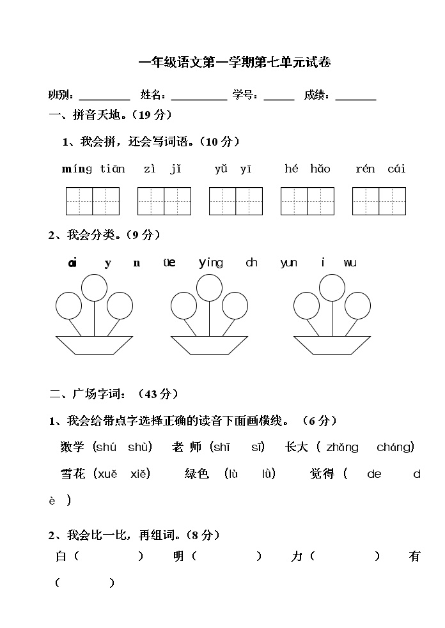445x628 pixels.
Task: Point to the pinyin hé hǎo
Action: [308, 169]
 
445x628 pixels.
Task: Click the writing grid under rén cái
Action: [379, 201]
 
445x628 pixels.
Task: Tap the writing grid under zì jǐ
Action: [164, 201]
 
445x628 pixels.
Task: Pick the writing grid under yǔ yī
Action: [236, 201]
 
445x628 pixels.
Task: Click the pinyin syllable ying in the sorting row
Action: [211, 263]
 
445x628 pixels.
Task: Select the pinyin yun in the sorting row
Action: [289, 263]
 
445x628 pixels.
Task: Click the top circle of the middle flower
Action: [210, 287]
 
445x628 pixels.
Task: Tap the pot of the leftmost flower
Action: [94, 345]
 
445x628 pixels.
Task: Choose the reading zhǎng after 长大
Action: [342, 447]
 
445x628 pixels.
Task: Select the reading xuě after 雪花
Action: [107, 474]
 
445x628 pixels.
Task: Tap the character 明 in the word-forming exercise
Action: [179, 556]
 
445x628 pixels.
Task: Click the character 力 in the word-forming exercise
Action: [297, 556]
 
